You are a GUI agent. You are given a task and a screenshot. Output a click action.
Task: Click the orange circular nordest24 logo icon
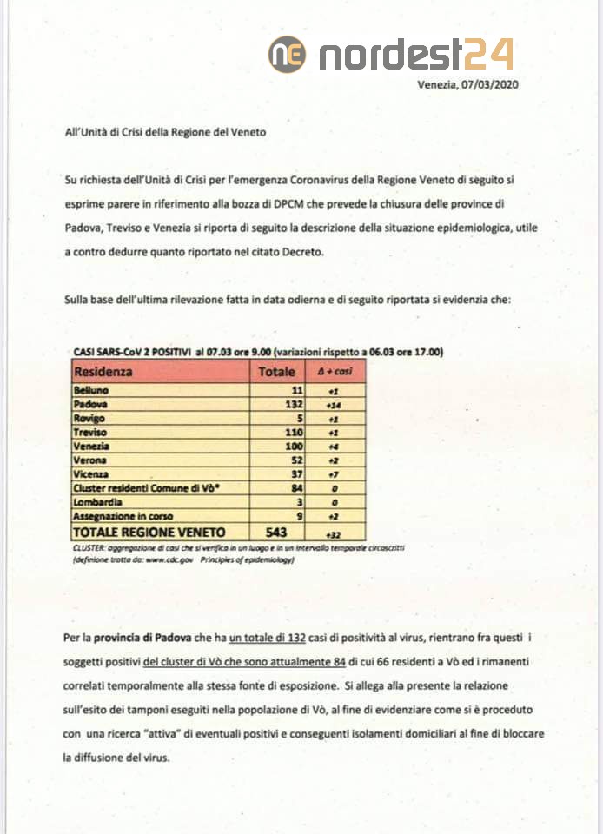[287, 54]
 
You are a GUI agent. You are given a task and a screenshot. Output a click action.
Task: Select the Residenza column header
[104, 372]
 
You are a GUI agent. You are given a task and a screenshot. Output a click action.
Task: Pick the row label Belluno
[90, 391]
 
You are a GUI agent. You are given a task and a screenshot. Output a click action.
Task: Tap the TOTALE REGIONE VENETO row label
[149, 531]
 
